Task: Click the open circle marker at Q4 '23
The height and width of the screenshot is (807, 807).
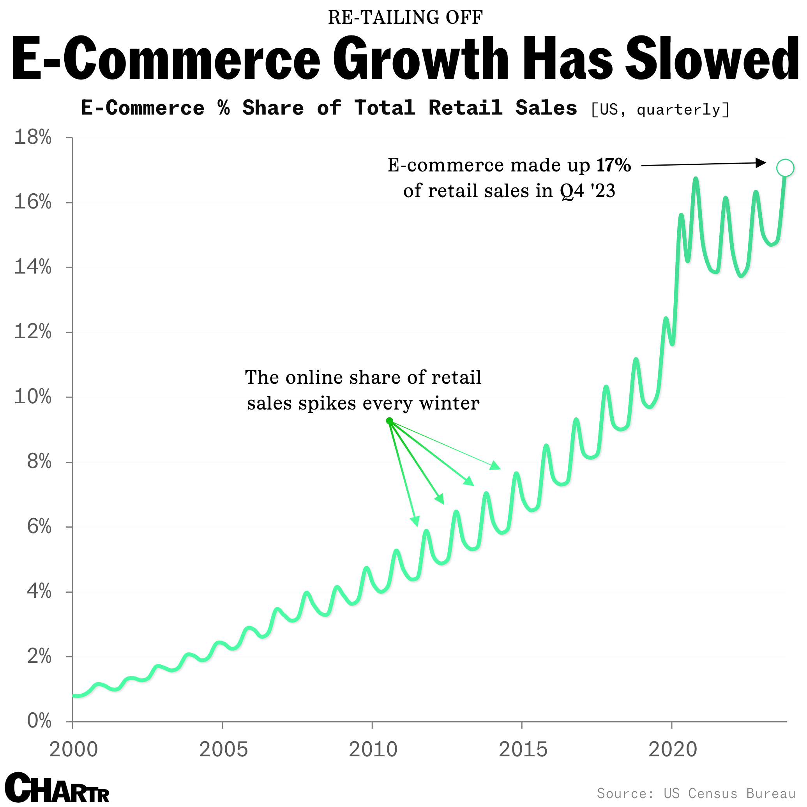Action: tap(785, 168)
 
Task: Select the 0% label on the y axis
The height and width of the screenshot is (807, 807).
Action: tap(39, 721)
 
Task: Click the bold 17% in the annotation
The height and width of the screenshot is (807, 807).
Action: tap(613, 165)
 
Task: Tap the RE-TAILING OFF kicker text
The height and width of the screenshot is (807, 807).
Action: tap(405, 18)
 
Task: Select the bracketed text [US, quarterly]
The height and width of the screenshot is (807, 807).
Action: tap(660, 109)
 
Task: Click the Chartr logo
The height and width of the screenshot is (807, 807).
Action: tap(57, 788)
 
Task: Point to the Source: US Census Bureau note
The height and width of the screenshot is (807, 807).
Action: tap(696, 793)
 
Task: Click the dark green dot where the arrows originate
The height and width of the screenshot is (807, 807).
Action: tap(389, 421)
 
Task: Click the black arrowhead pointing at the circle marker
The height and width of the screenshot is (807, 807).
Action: tap(761, 163)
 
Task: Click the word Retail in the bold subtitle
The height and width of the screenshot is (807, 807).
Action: tap(465, 108)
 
